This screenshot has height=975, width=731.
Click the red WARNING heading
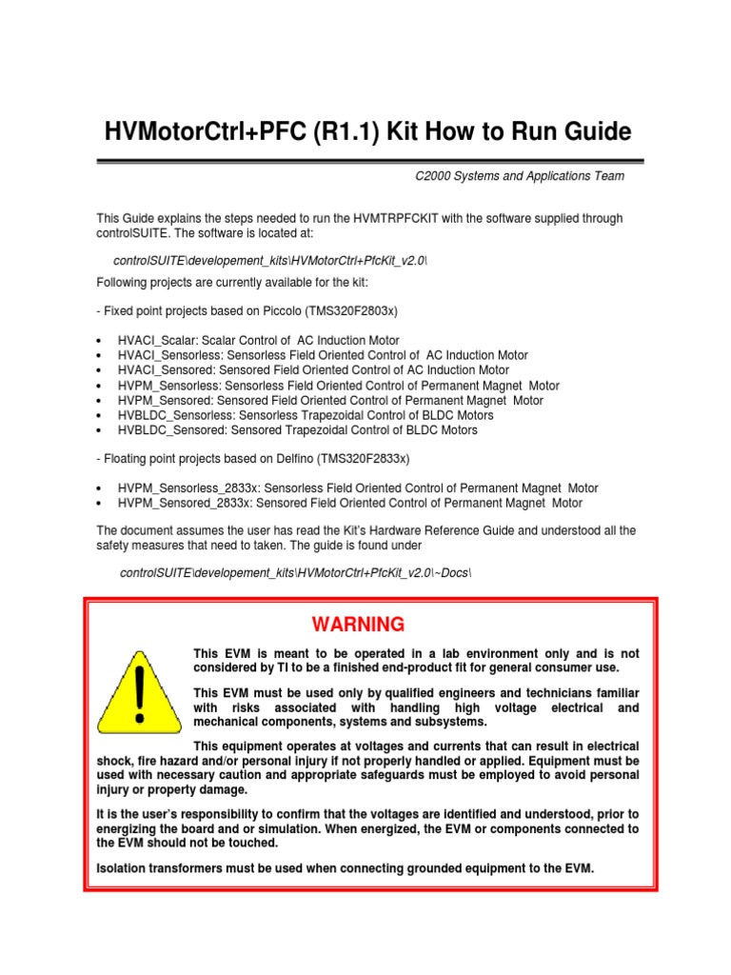(x=358, y=625)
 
